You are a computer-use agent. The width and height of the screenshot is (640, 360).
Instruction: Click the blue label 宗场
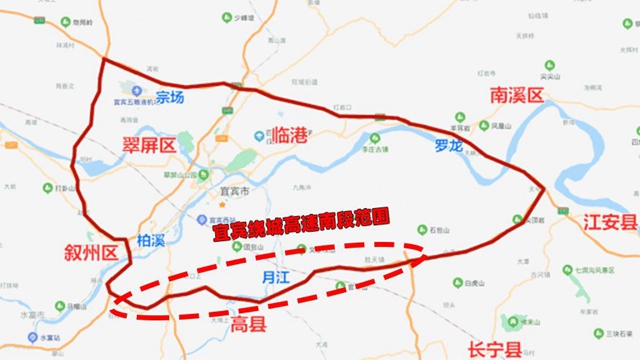click(164, 98)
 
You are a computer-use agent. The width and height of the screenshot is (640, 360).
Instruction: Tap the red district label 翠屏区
click(149, 145)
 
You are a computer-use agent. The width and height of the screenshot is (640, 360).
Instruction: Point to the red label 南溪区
click(516, 96)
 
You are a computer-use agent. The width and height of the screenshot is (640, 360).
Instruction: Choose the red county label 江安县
click(610, 222)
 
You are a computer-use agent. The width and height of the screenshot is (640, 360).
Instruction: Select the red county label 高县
click(249, 325)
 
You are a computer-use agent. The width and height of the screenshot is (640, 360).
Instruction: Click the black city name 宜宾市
click(232, 190)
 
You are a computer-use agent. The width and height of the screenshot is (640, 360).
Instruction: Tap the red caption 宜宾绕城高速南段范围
click(300, 226)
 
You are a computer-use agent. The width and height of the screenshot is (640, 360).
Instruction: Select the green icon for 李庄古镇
click(376, 139)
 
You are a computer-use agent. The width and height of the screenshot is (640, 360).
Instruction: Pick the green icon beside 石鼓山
click(421, 229)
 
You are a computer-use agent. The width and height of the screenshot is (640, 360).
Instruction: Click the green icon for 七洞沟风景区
click(567, 270)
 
